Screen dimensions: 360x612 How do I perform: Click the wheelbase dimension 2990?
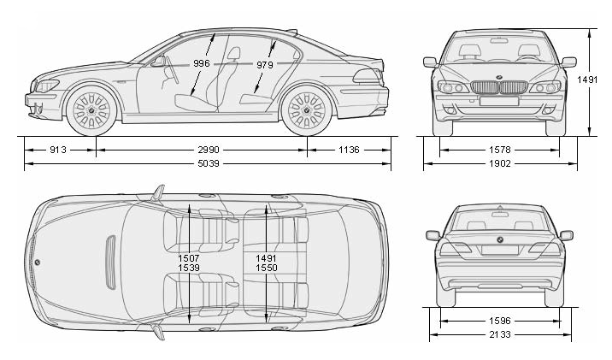click(x=202, y=150)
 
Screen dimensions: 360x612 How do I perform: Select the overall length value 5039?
click(x=202, y=163)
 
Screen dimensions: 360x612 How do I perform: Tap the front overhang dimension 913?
click(x=58, y=150)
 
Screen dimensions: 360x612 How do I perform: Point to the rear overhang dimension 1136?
click(x=348, y=150)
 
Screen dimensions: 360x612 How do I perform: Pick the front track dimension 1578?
click(x=499, y=150)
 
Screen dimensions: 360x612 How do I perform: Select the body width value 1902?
click(x=499, y=163)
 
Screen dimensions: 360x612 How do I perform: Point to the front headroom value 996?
click(x=202, y=63)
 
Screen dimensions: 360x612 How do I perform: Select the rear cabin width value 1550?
click(x=267, y=268)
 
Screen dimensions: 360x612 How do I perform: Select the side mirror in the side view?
click(x=157, y=62)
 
